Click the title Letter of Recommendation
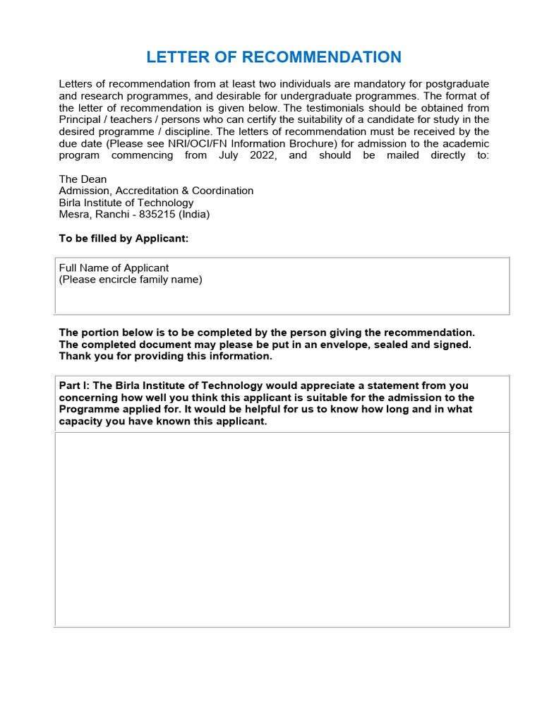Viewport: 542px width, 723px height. pyautogui.click(x=274, y=57)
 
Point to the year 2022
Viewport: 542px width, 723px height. pyautogui.click(x=263, y=155)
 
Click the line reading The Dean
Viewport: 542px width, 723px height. pyautogui.click(x=83, y=179)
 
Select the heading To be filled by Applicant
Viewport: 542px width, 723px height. pyautogui.click(x=124, y=239)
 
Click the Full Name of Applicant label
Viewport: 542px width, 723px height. pyautogui.click(x=114, y=268)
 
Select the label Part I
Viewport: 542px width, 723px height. pyautogui.click(x=74, y=386)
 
